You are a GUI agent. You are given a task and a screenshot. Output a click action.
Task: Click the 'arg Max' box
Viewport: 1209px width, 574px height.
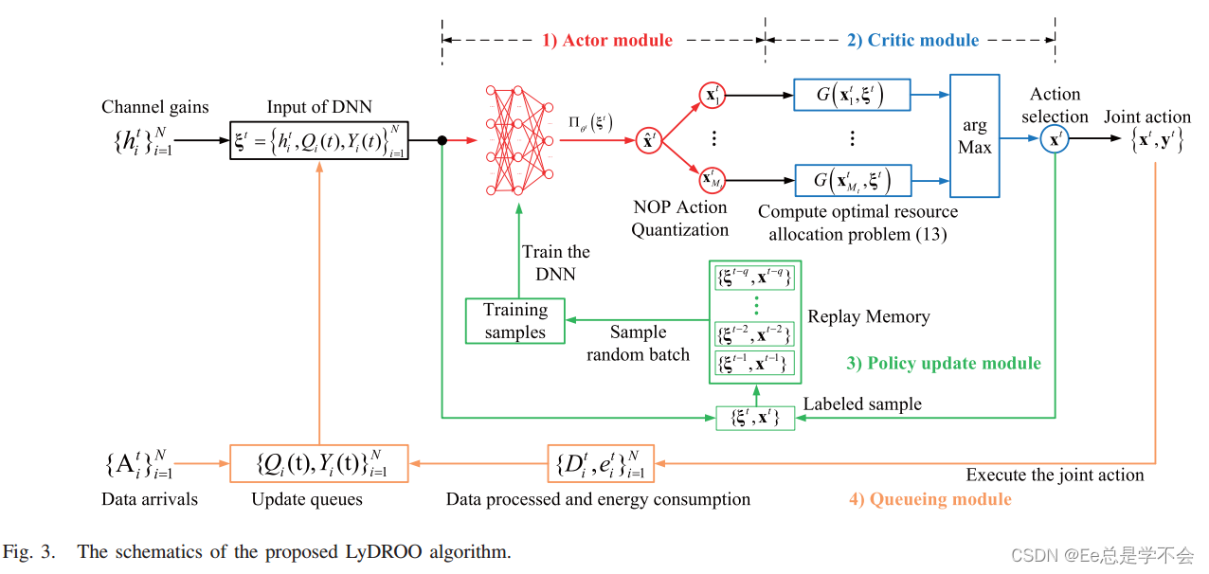[975, 138]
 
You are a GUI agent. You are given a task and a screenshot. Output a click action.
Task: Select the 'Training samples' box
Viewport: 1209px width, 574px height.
[515, 321]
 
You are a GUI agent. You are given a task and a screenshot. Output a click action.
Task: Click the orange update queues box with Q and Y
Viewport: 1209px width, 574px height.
[319, 464]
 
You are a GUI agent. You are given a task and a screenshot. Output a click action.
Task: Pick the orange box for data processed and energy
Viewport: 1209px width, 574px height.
[601, 464]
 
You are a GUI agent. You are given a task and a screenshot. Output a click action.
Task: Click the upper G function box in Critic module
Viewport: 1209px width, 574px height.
[852, 96]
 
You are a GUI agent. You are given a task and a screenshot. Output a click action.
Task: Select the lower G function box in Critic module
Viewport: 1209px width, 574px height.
[852, 180]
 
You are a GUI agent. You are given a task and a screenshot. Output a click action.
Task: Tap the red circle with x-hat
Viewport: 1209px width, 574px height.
[649, 140]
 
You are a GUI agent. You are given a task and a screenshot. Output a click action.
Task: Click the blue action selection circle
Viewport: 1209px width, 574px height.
[1054, 140]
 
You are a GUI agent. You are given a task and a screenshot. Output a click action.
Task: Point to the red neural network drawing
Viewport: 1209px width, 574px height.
[518, 139]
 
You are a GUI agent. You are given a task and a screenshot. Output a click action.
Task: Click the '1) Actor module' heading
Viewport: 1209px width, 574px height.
[606, 40]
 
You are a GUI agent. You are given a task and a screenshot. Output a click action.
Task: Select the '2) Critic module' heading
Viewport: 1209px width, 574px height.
[912, 40]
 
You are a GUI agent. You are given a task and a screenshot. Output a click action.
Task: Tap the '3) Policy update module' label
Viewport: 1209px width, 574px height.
[944, 364]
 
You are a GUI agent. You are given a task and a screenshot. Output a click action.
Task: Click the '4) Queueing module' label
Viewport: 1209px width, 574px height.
[929, 499]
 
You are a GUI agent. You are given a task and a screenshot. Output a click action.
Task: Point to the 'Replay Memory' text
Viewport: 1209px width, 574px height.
[868, 317]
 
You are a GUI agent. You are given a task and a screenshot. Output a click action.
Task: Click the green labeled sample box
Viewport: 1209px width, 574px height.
[755, 417]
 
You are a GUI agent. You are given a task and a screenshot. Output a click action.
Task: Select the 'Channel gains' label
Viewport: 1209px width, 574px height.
[155, 107]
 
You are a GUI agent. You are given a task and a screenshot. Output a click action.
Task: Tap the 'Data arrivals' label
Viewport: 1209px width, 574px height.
[151, 498]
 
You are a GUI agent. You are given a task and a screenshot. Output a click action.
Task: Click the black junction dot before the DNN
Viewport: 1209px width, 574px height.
[442, 140]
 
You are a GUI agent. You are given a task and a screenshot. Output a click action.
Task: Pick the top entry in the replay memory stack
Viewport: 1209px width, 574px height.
[754, 278]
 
